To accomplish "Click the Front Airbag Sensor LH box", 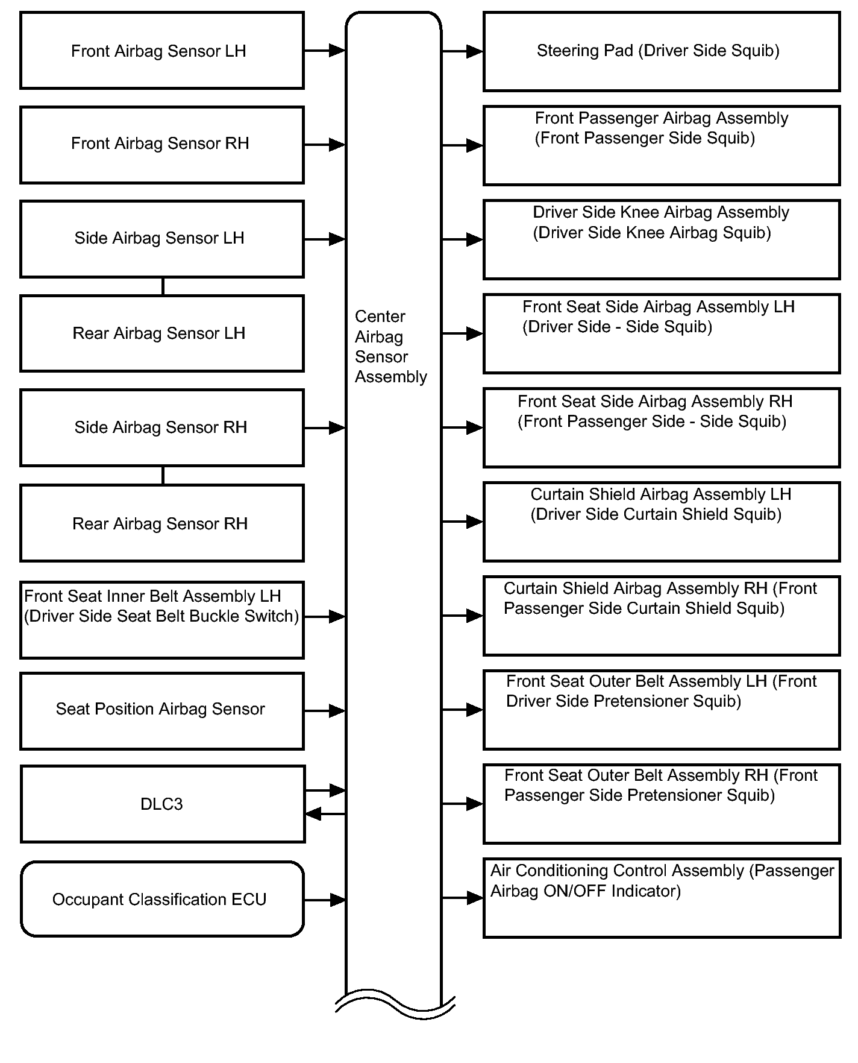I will tap(161, 51).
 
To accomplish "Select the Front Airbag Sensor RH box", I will tap(161, 145).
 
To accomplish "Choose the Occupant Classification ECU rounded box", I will tap(162, 899).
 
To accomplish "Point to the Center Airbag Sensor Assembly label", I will tap(390, 347).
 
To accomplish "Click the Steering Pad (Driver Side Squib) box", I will tap(661, 51).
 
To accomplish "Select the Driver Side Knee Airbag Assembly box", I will tap(661, 239).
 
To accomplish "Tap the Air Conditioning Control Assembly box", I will tap(661, 898).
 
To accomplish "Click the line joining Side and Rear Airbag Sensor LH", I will tap(163, 286).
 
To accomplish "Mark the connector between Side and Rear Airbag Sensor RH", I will tap(163, 475).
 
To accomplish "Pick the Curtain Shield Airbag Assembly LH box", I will tap(661, 522).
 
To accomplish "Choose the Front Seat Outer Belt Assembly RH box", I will tap(661, 804).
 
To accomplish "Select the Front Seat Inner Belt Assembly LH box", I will tap(161, 620).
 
